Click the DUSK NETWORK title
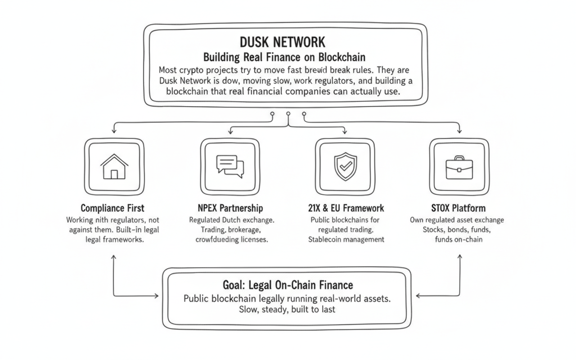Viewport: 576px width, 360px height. [282, 42]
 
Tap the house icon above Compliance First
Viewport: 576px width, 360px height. [114, 166]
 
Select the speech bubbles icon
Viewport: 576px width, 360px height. [229, 166]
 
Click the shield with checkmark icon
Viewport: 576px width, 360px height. [345, 166]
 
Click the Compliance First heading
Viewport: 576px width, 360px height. [112, 208]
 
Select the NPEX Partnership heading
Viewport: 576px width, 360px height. [230, 208]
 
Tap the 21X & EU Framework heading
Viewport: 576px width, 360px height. [345, 208]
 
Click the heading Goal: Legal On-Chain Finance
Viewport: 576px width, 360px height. [288, 285]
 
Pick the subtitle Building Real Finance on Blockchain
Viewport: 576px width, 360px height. [284, 58]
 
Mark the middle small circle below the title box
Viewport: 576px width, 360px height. [288, 114]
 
